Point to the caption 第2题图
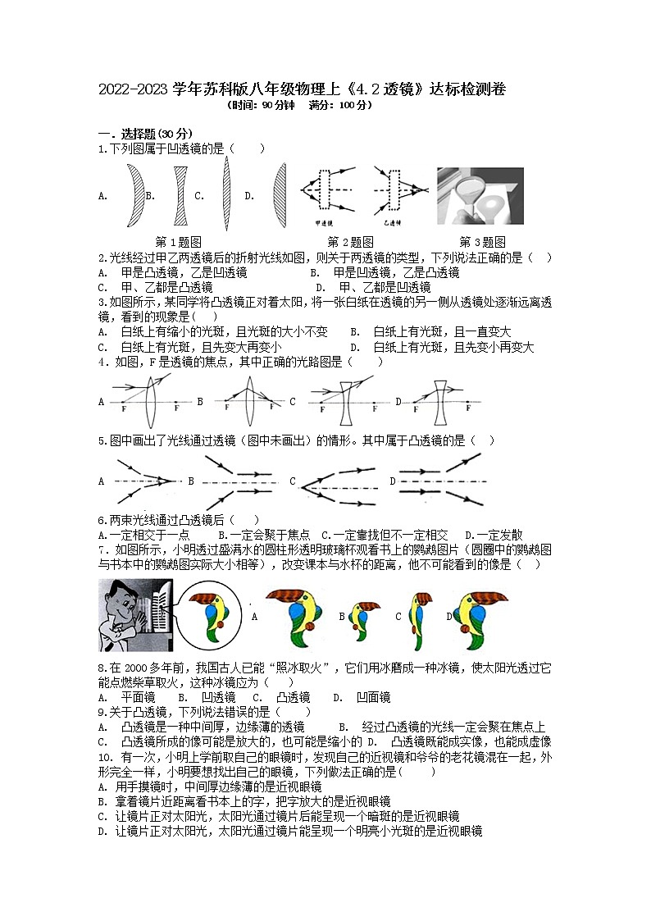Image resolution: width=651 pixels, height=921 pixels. coord(350,242)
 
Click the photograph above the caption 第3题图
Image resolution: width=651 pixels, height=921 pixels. coord(480,196)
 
